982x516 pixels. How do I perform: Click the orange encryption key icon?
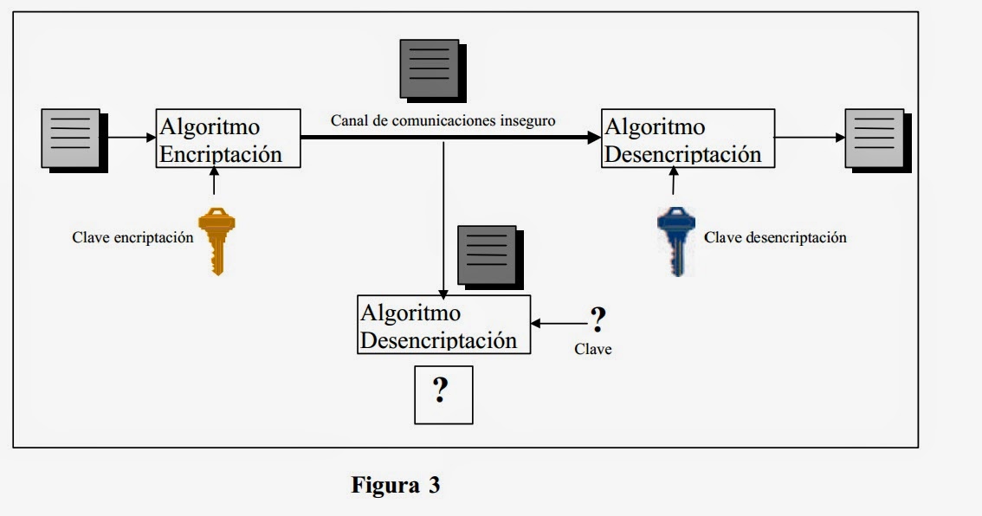[216, 240]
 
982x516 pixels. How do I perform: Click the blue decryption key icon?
[676, 240]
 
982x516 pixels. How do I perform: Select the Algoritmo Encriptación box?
[229, 139]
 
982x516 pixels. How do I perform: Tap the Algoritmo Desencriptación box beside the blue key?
[688, 139]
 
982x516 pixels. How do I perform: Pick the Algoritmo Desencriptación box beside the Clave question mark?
[443, 325]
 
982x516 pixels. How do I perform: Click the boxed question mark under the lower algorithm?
[443, 395]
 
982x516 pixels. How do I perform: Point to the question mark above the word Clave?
[596, 319]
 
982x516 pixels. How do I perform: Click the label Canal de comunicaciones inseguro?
[443, 120]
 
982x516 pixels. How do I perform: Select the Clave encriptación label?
[132, 237]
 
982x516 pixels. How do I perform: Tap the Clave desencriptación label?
[775, 237]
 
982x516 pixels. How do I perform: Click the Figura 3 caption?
[396, 485]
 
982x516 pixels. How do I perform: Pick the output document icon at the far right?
[876, 140]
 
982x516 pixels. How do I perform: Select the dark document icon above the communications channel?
[431, 71]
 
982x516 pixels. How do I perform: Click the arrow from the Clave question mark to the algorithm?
[559, 324]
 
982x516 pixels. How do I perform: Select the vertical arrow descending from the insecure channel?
[443, 216]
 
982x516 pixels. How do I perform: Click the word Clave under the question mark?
[593, 350]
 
